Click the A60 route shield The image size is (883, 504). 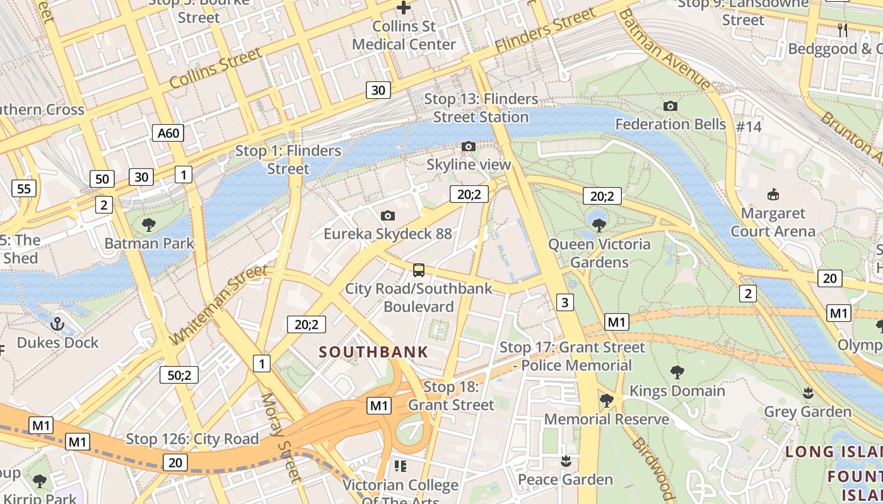pyautogui.click(x=168, y=133)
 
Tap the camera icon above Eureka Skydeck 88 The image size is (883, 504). pyautogui.click(x=388, y=216)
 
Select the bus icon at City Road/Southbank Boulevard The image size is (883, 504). pyautogui.click(x=419, y=271)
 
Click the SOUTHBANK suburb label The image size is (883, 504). pyautogui.click(x=374, y=352)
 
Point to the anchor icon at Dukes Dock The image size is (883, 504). pyautogui.click(x=57, y=324)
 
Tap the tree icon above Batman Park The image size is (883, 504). pyautogui.click(x=149, y=224)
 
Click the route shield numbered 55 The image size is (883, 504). pyautogui.click(x=24, y=188)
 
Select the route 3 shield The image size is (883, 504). pyautogui.click(x=564, y=302)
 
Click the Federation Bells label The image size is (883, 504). pyautogui.click(x=670, y=124)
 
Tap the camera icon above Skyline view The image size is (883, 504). pyautogui.click(x=468, y=147)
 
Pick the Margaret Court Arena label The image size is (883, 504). pyautogui.click(x=773, y=222)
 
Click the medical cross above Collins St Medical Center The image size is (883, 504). pyautogui.click(x=404, y=8)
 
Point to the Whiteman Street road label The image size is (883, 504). pyautogui.click(x=218, y=306)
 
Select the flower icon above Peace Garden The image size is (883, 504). pyautogui.click(x=566, y=461)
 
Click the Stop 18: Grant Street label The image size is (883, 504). pyautogui.click(x=451, y=396)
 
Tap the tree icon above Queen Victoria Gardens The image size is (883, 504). pyautogui.click(x=599, y=225)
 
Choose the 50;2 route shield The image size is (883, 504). pyautogui.click(x=179, y=375)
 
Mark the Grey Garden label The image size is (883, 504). pyautogui.click(x=807, y=412)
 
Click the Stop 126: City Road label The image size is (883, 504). pyautogui.click(x=192, y=439)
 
